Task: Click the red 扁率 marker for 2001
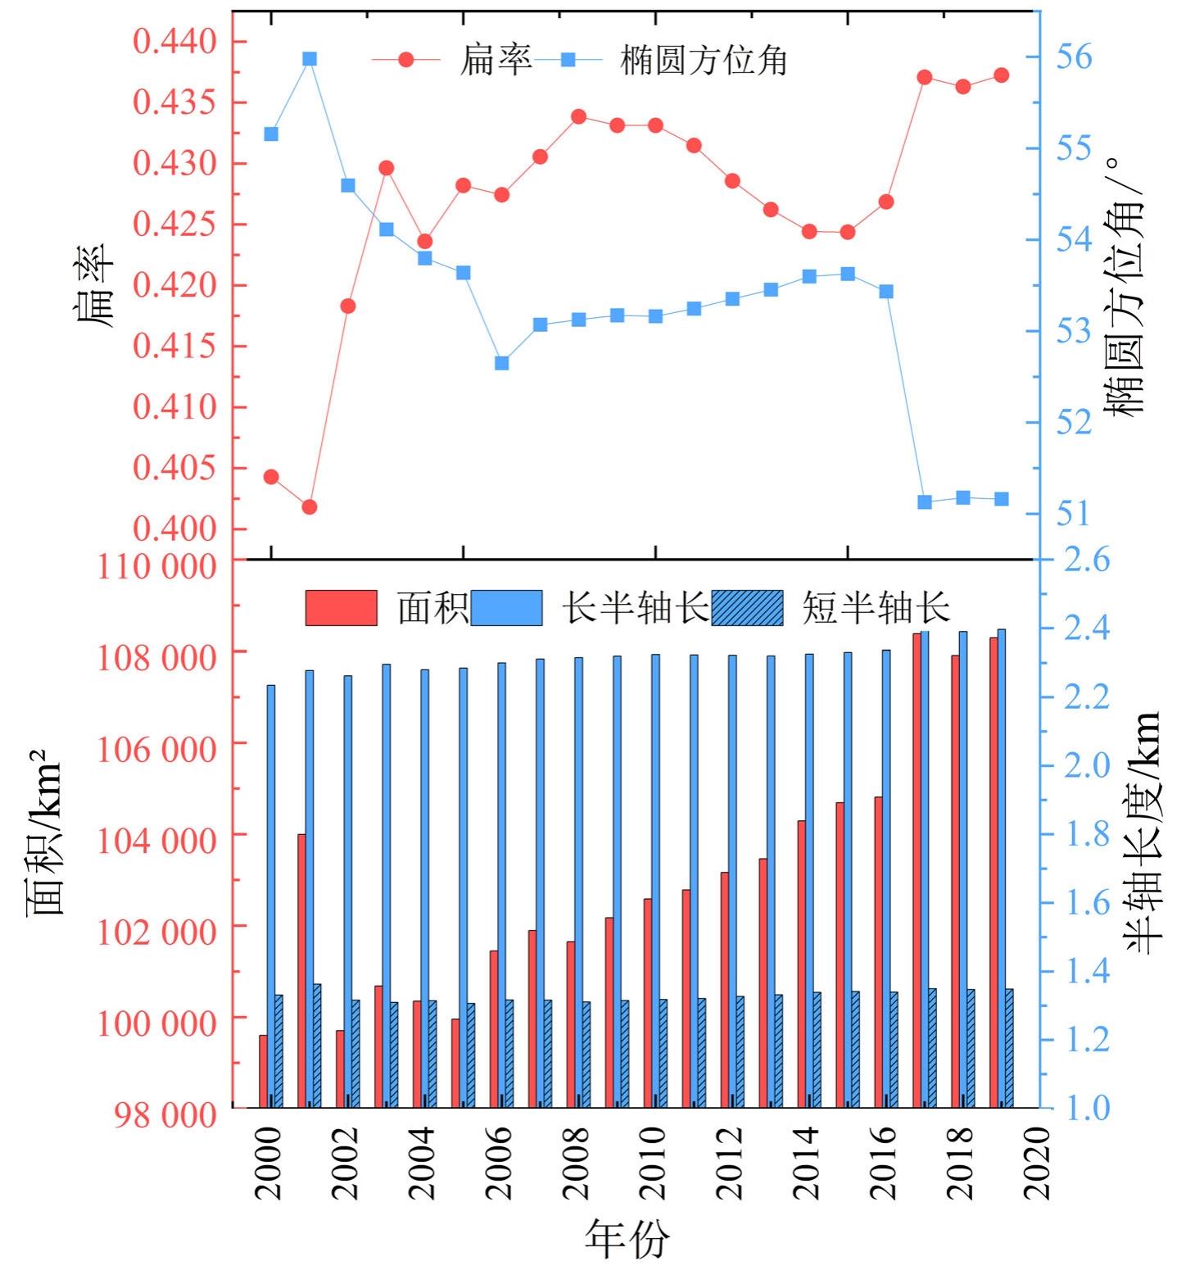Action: click(310, 507)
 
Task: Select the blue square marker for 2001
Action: click(310, 59)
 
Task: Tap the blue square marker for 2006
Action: click(502, 363)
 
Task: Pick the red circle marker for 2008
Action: click(578, 116)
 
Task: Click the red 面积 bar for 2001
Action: click(301, 970)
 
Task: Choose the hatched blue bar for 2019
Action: click(1010, 1048)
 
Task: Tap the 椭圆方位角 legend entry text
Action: click(704, 60)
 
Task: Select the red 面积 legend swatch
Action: click(342, 608)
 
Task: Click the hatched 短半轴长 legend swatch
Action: click(747, 608)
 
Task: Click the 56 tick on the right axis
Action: click(1074, 57)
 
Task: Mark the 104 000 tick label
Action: click(157, 840)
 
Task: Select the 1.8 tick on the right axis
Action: click(1086, 834)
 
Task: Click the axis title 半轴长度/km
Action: click(1143, 832)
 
